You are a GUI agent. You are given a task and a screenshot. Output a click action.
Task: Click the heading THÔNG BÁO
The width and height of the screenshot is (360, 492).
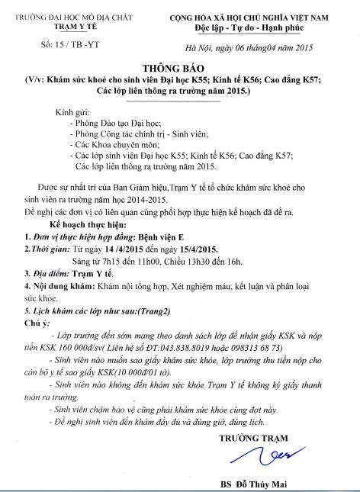179,66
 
